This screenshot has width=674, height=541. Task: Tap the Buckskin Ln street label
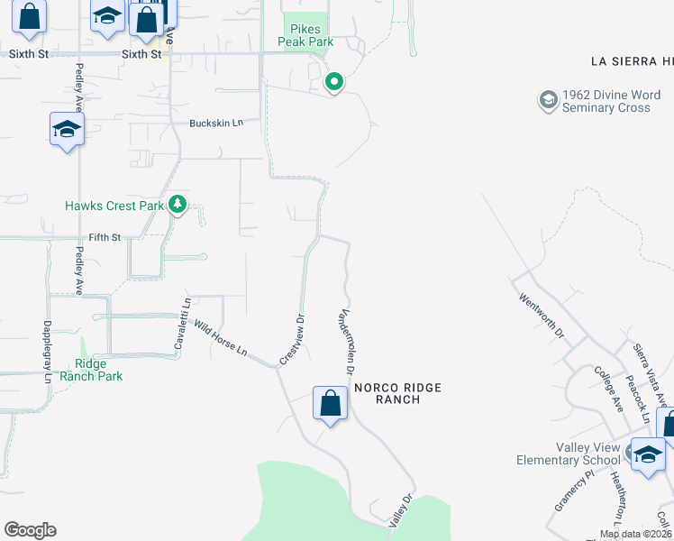[x=216, y=123]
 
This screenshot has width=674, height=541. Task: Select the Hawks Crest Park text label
[x=114, y=206]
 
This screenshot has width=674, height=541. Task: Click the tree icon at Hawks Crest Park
[x=178, y=205]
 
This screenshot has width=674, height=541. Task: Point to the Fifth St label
[x=105, y=238]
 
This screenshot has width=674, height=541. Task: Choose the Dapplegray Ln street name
[x=48, y=352]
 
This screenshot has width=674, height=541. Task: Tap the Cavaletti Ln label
[x=183, y=325]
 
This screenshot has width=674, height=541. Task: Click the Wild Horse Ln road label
[x=220, y=339]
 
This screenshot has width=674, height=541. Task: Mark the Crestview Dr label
[x=292, y=339]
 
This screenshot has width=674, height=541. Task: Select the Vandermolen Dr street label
[x=347, y=333]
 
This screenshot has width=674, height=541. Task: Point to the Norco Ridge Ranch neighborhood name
[x=397, y=393]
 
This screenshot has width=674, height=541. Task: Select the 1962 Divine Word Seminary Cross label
[x=606, y=101]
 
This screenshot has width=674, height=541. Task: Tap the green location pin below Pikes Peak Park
[x=334, y=83]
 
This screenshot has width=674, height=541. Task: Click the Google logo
[x=30, y=530]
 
